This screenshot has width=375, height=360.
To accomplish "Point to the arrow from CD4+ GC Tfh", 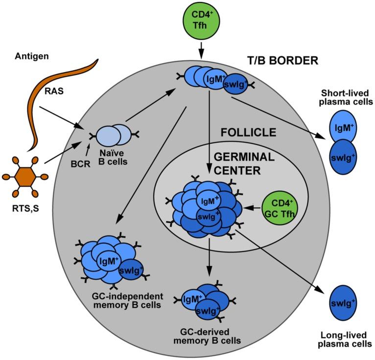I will (252, 208).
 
